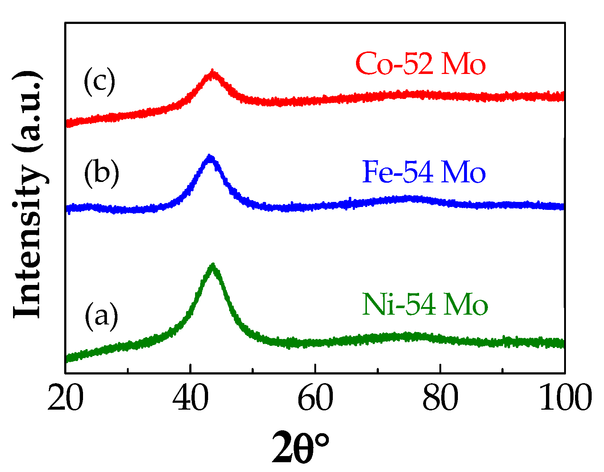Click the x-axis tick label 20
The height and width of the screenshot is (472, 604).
point(66,398)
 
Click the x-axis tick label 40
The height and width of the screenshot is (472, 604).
point(190,398)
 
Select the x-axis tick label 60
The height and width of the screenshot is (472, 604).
point(315,398)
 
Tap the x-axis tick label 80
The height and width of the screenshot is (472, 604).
point(440,398)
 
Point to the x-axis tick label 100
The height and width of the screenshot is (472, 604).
point(565,398)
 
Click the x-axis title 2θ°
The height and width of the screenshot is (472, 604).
point(301,447)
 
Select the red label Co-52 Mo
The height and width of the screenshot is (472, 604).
point(421,64)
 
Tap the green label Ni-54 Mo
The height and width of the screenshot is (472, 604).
point(425,304)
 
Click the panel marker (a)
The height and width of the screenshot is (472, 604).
point(102,315)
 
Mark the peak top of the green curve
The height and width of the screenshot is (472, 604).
point(213,266)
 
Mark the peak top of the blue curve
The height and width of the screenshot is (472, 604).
point(210,157)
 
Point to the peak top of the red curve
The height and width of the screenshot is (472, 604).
point(212,71)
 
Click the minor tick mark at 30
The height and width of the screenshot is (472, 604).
point(128,370)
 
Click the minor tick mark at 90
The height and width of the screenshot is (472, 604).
point(502,370)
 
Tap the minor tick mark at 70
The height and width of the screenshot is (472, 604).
point(378,370)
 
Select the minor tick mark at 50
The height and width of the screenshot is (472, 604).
point(253,370)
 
